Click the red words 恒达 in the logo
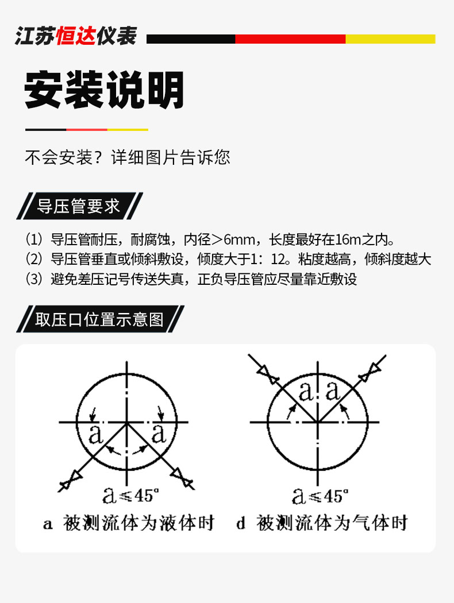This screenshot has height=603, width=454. pyautogui.click(x=76, y=37)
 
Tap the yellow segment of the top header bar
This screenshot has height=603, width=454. pyautogui.click(x=390, y=39)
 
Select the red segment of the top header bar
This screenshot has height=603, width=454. pyautogui.click(x=290, y=39)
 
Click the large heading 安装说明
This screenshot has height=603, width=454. pyautogui.click(x=104, y=90)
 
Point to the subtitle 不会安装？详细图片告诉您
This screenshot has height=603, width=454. pyautogui.click(x=128, y=157)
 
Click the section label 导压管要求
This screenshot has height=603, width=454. pyautogui.click(x=79, y=206)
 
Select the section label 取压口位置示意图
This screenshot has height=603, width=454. pyautogui.click(x=99, y=319)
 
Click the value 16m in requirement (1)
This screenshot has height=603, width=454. pyautogui.click(x=348, y=239)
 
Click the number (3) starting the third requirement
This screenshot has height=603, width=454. pyautogui.click(x=34, y=279)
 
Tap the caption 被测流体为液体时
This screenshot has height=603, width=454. pyautogui.click(x=138, y=523)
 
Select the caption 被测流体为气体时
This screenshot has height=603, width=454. pyautogui.click(x=332, y=523)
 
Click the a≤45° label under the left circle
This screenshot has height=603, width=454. pyautogui.click(x=131, y=495)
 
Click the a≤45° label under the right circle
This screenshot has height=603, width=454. pyautogui.click(x=320, y=496)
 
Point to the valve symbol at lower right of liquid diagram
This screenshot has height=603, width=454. pyautogui.click(x=182, y=478)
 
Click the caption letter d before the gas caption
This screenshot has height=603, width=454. pyautogui.click(x=241, y=523)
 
